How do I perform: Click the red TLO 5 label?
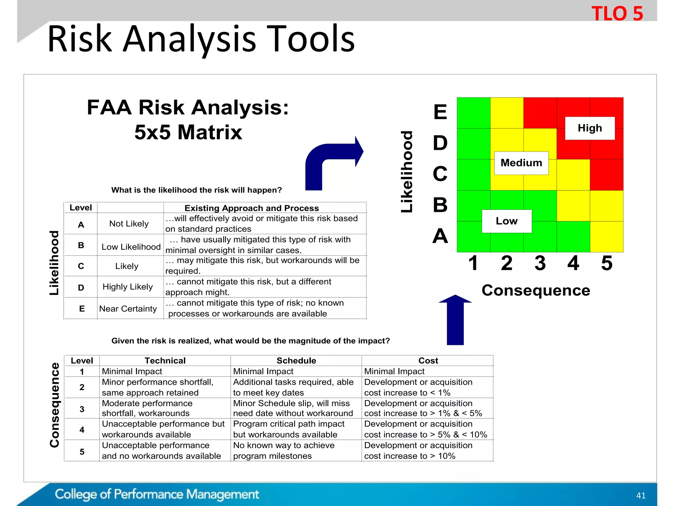click(617, 14)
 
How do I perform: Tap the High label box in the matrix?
click(590, 128)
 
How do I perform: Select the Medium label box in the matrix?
click(521, 163)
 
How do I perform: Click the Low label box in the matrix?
click(507, 221)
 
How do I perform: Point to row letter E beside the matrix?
click(440, 112)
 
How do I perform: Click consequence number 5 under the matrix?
click(607, 263)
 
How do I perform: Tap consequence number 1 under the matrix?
click(473, 263)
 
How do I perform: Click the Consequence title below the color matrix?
click(536, 291)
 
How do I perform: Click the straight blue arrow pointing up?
click(455, 320)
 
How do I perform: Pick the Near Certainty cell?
click(128, 309)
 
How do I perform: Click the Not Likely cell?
click(129, 224)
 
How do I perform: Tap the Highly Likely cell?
click(128, 287)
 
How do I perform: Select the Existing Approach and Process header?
click(251, 208)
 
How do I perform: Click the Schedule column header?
click(296, 361)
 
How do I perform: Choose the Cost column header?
click(428, 361)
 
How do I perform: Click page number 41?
click(641, 495)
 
